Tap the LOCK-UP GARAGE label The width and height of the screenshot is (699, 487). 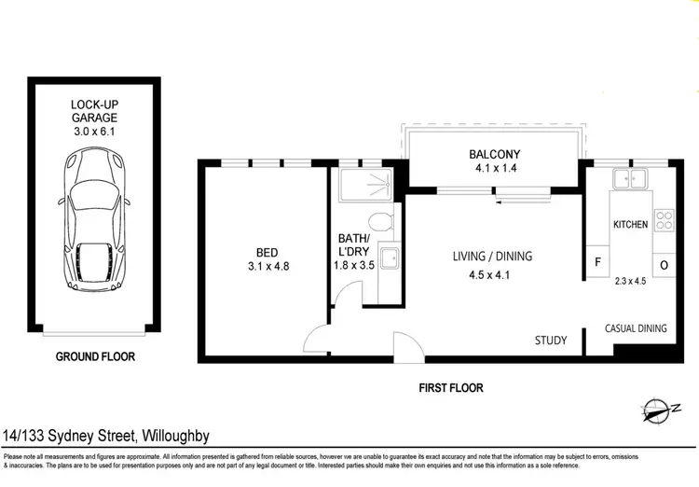click(95, 111)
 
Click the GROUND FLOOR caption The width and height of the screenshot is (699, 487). click(95, 356)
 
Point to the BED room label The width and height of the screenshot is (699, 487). click(267, 251)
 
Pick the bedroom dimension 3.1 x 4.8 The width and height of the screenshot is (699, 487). click(267, 267)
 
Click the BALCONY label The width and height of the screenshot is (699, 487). click(494, 155)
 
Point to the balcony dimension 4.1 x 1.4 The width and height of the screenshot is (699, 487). click(494, 170)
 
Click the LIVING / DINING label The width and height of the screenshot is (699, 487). click(491, 257)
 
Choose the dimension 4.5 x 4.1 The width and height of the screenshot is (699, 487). click(491, 275)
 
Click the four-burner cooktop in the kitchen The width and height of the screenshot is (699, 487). click(665, 221)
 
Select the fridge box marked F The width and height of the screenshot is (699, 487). click(596, 263)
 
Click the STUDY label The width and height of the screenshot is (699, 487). click(550, 341)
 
